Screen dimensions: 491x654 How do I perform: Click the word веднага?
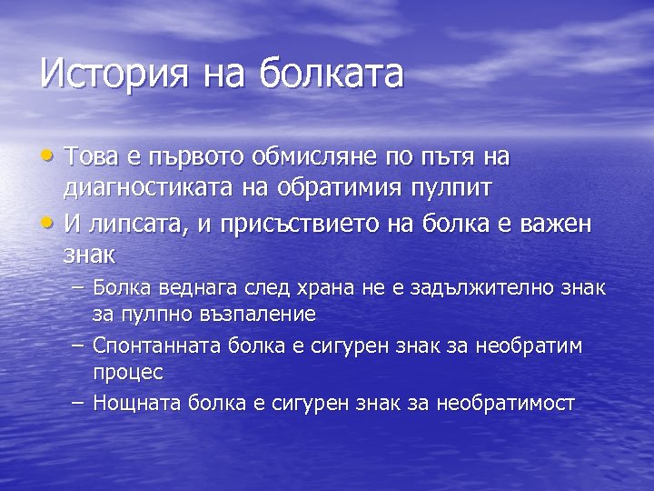pyautogui.click(x=193, y=289)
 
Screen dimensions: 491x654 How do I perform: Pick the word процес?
pyautogui.click(x=127, y=373)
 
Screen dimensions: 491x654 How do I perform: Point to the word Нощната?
pyautogui.click(x=139, y=403)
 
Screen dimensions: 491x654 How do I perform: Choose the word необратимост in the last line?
pyautogui.click(x=505, y=403)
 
